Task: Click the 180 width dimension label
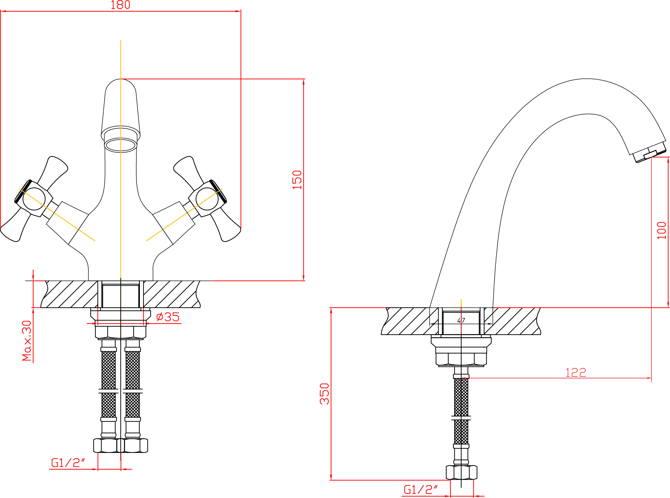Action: coord(121,5)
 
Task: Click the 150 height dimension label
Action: coord(297,180)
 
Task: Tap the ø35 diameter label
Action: coord(168,317)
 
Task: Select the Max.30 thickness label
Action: coord(27,340)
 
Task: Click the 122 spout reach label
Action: coord(576,373)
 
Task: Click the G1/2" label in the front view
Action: coord(68,463)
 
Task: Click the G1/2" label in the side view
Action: coord(420,490)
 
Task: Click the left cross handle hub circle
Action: coord(34,199)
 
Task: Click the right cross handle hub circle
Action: coord(207,199)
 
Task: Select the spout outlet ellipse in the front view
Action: coord(121,145)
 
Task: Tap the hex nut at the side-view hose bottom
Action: coord(461,472)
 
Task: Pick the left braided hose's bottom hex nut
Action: coord(105,446)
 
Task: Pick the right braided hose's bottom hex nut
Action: coord(136,446)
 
